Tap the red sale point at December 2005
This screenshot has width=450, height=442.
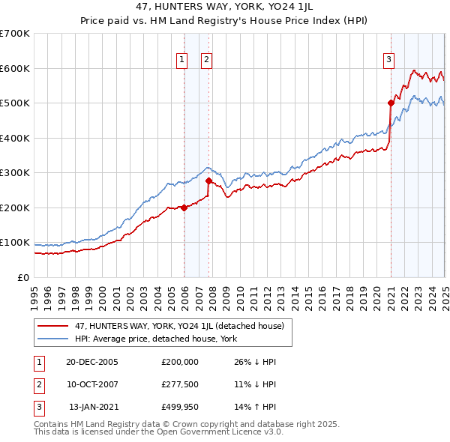coord(184,208)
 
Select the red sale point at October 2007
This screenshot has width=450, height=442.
coord(208,181)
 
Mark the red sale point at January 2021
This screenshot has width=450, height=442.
coord(391,103)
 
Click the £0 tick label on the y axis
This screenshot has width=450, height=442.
coord(24,277)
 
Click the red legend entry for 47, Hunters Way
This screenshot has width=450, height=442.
coord(178,326)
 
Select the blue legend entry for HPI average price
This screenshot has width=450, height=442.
coord(155,339)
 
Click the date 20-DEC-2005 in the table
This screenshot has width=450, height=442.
coord(92,361)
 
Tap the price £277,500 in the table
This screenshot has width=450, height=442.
coord(180,384)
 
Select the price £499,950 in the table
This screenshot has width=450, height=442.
coord(180,408)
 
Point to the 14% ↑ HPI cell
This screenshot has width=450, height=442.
coord(256,408)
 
